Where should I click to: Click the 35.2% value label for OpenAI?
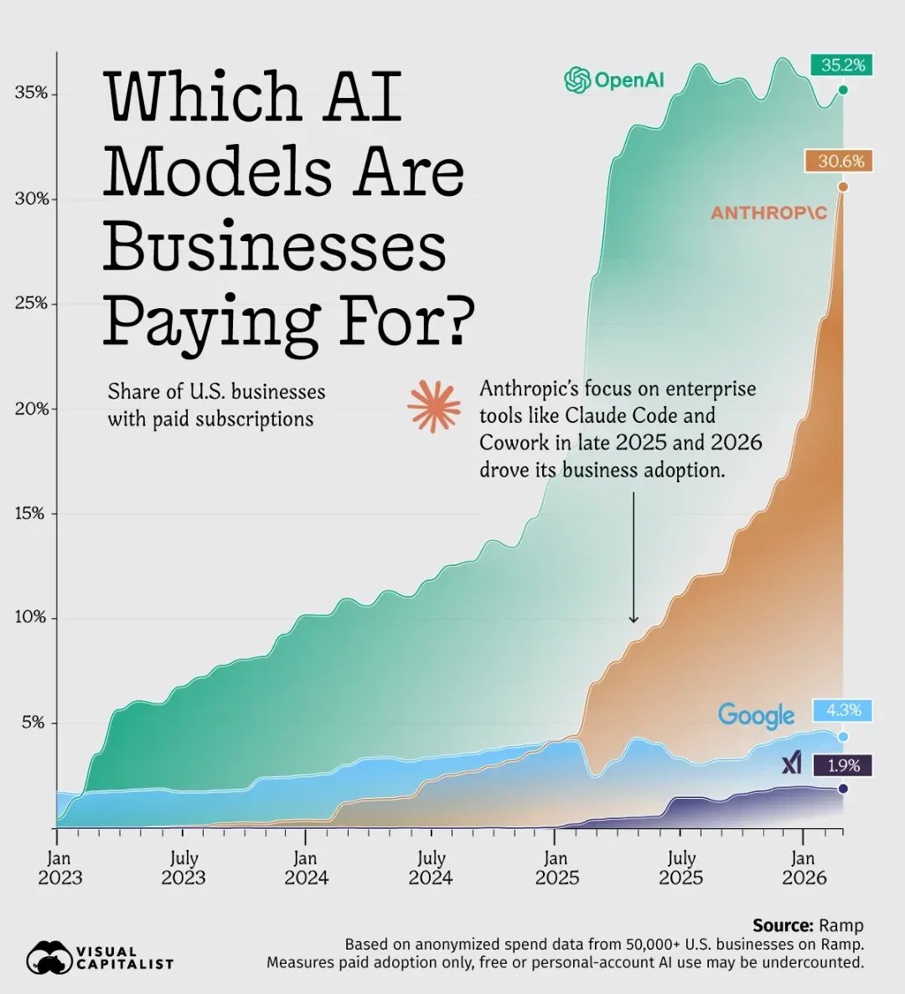tap(842, 64)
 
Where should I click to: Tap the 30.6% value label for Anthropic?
tap(840, 161)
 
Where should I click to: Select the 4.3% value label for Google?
tap(843, 710)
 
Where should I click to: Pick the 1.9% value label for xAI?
tap(843, 765)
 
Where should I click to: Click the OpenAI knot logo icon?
tap(577, 80)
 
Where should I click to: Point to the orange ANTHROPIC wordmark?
tap(768, 213)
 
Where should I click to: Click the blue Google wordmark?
tap(756, 715)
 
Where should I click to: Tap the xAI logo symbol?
tap(792, 763)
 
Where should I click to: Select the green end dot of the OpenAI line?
tap(843, 90)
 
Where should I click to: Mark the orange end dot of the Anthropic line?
tap(843, 187)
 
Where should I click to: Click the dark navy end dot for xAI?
tap(843, 789)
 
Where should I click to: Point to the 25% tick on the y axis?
tap(31, 303)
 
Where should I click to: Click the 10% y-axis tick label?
tap(31, 617)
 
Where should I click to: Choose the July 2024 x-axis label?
tap(431, 868)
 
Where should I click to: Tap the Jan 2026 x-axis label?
tap(804, 868)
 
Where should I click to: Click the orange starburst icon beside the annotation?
tap(434, 406)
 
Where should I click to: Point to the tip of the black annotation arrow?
tap(633, 622)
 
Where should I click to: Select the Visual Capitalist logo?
tap(100, 957)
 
